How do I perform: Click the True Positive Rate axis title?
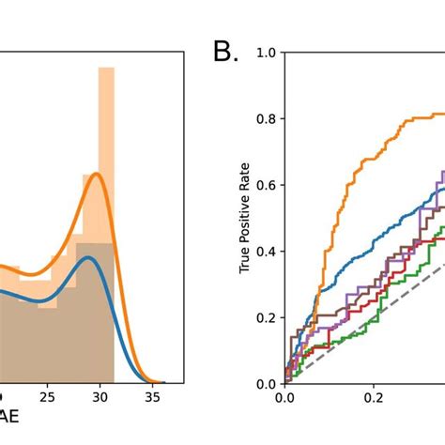[246, 218]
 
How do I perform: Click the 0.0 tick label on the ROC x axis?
[284, 397]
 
